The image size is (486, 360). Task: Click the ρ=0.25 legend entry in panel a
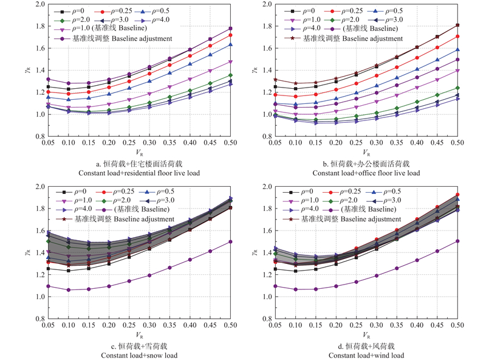(119, 12)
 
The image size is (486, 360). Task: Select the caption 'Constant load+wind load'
(366, 355)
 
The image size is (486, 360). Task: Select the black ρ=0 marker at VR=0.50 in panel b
(457, 25)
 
